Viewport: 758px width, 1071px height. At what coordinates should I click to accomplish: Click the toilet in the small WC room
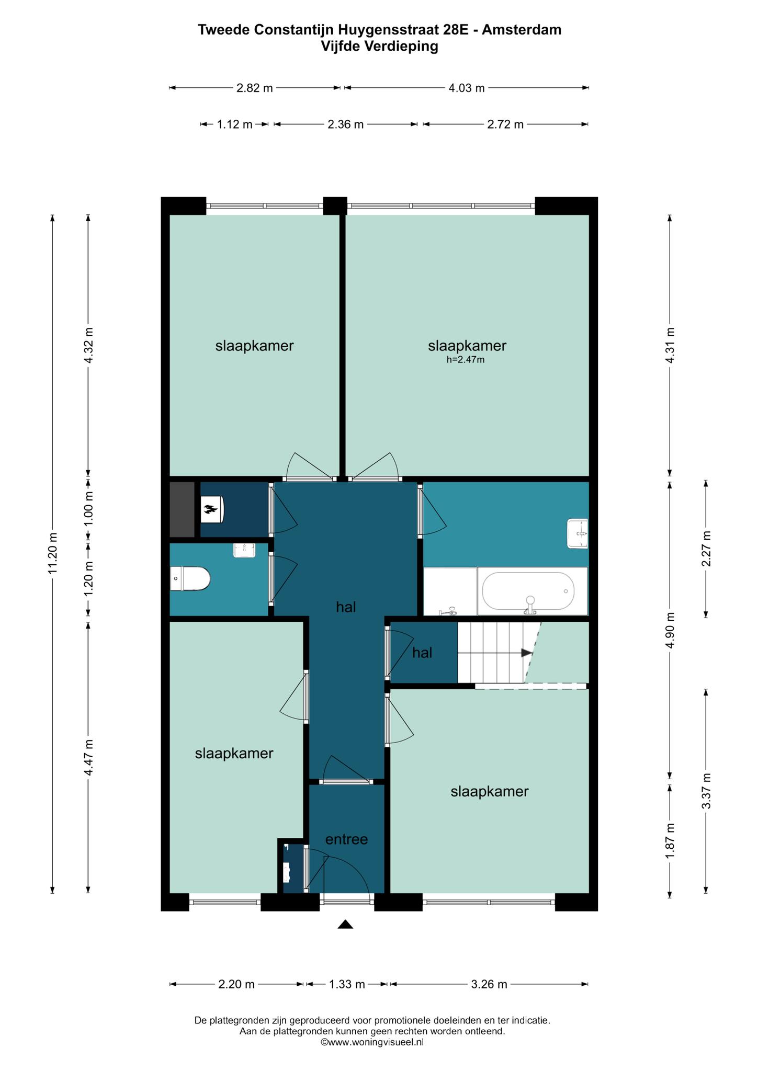tap(190, 579)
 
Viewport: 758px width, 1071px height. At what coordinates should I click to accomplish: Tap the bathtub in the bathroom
tap(528, 591)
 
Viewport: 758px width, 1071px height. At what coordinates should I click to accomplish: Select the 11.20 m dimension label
tap(52, 553)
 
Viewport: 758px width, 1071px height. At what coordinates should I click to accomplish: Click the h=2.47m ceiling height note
tap(466, 360)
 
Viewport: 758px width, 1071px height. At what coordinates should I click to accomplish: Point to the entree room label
tap(346, 839)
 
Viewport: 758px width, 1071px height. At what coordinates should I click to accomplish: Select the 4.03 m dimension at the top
tap(467, 88)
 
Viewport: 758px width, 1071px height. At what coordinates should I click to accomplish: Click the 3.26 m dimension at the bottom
tap(489, 984)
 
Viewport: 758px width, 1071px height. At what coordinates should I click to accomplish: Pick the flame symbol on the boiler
tap(210, 509)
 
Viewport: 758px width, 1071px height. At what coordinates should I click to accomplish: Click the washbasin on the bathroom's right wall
tap(578, 533)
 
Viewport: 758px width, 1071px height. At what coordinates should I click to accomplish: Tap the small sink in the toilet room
tap(244, 550)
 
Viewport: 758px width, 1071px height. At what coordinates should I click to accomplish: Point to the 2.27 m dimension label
tap(706, 549)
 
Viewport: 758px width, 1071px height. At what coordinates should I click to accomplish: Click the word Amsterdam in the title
tap(522, 30)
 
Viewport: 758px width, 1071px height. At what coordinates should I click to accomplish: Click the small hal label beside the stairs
tap(422, 653)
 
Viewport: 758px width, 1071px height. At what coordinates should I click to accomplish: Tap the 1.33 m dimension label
tap(346, 984)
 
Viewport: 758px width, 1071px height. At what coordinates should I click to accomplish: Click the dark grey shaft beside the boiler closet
tap(182, 509)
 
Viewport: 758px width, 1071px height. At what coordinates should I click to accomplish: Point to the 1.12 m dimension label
tap(234, 124)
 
